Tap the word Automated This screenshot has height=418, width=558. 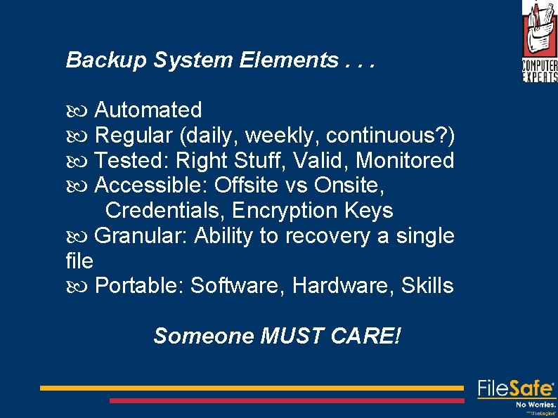148,110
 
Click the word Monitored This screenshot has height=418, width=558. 405,160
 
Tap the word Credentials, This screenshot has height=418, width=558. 166,211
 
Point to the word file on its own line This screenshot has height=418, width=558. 79,261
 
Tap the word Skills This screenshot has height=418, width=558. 427,287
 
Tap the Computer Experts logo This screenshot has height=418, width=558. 539,42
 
